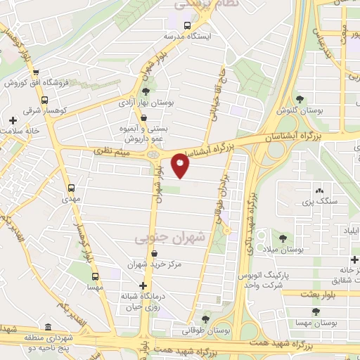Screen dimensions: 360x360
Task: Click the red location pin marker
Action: click(x=181, y=166)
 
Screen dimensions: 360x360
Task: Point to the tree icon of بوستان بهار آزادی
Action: click(x=146, y=91)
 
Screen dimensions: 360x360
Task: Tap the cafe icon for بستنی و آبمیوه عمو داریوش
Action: click(x=143, y=117)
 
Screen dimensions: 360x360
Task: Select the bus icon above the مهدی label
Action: click(x=71, y=188)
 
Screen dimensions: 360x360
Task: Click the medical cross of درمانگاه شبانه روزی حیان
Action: click(x=143, y=285)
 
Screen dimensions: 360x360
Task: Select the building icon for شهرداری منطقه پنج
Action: click(x=48, y=328)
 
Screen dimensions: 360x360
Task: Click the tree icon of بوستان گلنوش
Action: click(x=300, y=99)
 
